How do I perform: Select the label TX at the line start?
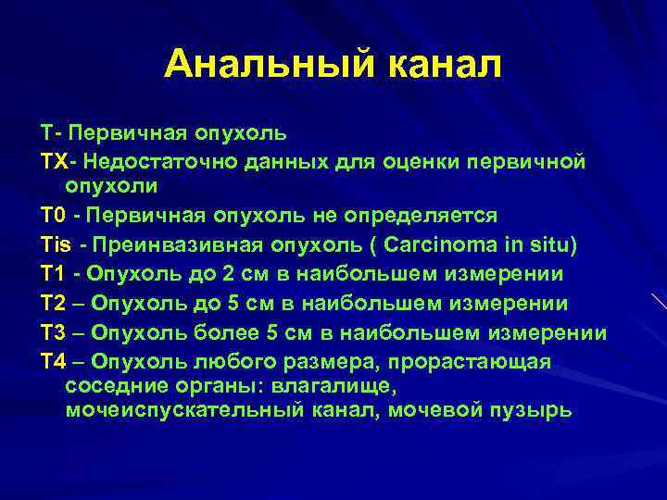point(53,162)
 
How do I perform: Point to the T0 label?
point(52,216)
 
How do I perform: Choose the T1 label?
point(52,275)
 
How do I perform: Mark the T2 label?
point(52,304)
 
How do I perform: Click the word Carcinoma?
point(448,245)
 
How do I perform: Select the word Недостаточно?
point(161,162)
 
